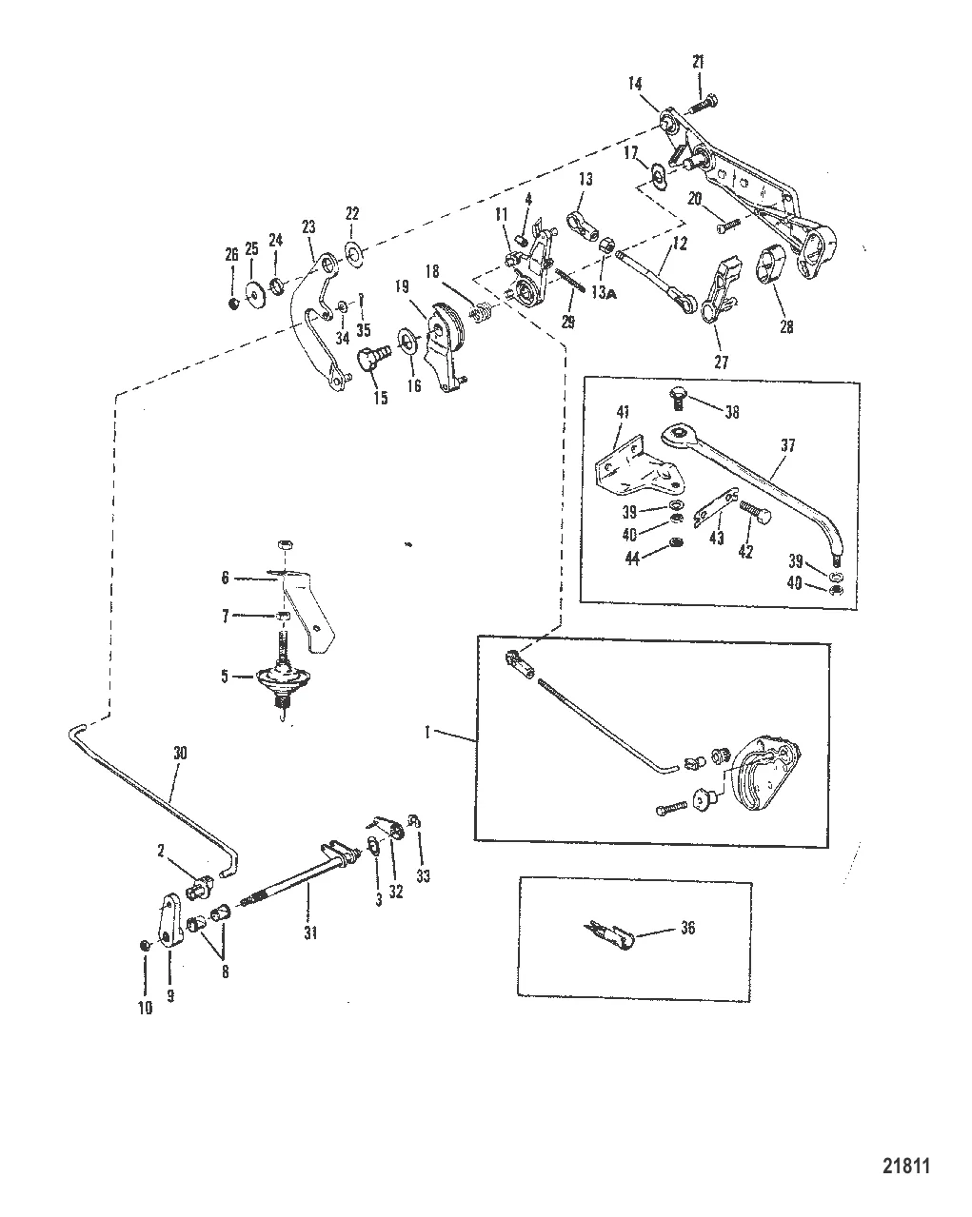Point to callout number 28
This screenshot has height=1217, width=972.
[x=785, y=326]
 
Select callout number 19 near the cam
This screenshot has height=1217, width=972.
[x=402, y=285]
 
